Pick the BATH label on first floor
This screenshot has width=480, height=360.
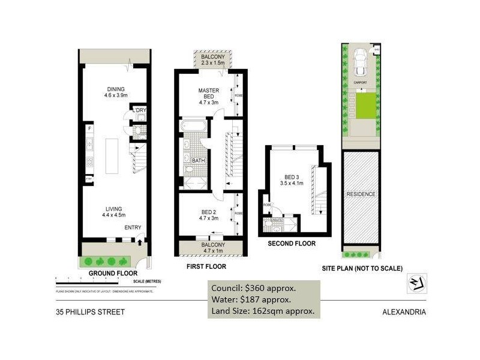[199, 161]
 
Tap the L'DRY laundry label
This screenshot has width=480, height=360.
[139, 110]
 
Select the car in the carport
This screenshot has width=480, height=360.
[361, 59]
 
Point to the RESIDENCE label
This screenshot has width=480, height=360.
[361, 194]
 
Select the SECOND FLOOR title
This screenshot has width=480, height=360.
[292, 244]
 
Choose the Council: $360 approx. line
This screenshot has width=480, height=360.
[253, 287]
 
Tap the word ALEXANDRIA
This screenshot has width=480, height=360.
[404, 312]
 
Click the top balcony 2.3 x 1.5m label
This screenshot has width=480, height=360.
[209, 59]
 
